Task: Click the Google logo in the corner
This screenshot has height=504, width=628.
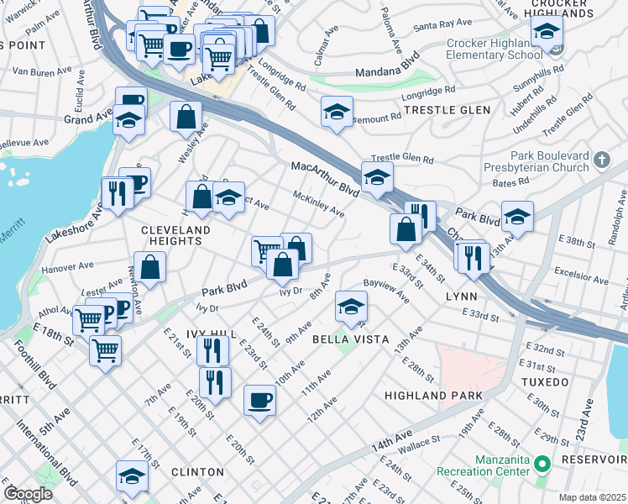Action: point(28,494)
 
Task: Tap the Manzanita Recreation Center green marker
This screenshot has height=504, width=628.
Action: point(542,463)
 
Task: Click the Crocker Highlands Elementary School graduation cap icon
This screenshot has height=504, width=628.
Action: point(547,32)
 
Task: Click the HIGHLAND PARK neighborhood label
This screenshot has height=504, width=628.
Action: point(433,396)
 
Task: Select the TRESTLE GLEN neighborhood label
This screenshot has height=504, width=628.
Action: point(447,110)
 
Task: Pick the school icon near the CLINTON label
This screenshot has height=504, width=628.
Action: point(132,476)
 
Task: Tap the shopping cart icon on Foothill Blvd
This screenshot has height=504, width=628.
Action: point(105,349)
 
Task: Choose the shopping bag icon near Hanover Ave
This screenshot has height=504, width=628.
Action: point(149,268)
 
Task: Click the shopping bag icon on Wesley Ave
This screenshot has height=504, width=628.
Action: point(186,118)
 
